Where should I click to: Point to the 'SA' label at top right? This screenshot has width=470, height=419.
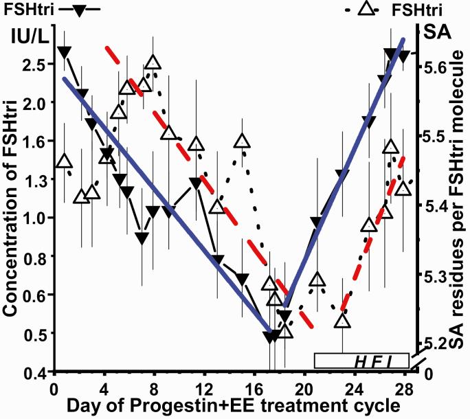436,32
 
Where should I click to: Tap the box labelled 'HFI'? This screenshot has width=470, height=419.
361,361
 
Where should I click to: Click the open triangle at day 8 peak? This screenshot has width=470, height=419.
153,63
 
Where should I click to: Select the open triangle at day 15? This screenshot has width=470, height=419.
242,141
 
